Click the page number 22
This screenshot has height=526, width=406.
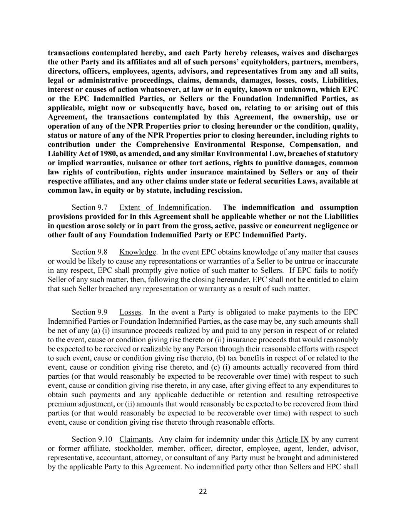(x=203, y=491)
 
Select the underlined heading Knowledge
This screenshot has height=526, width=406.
(x=138, y=252)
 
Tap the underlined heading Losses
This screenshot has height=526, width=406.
(x=130, y=312)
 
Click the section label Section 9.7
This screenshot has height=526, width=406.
(x=89, y=207)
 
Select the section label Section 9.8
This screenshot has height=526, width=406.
(x=89, y=252)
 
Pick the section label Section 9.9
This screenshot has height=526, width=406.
(x=89, y=312)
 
